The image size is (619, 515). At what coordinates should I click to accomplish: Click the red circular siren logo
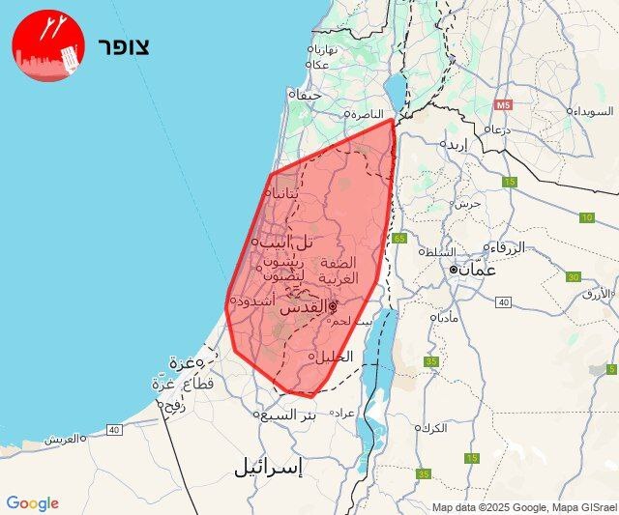pyautogui.click(x=48, y=46)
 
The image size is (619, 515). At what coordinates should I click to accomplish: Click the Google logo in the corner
pyautogui.click(x=32, y=503)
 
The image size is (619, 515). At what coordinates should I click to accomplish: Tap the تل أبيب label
pyautogui.click(x=282, y=241)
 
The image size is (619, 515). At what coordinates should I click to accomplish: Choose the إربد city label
pyautogui.click(x=457, y=145)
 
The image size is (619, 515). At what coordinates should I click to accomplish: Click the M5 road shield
pyautogui.click(x=502, y=104)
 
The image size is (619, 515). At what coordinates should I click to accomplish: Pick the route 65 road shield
pyautogui.click(x=399, y=238)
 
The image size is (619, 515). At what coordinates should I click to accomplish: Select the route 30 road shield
pyautogui.click(x=573, y=277)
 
